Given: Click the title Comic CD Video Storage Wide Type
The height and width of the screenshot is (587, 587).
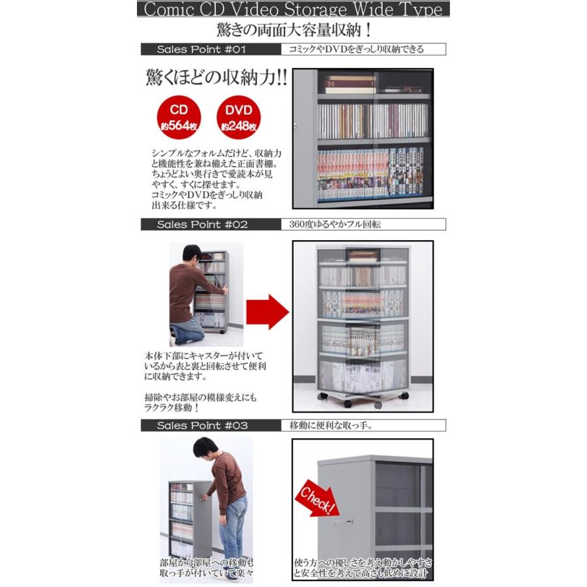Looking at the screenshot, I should (293, 10).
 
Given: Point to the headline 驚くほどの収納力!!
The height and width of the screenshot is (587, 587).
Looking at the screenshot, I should (215, 77).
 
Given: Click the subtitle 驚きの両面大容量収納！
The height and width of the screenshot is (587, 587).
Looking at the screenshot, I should (293, 30).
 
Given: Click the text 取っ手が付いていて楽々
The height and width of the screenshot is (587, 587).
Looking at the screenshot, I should (206, 573).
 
